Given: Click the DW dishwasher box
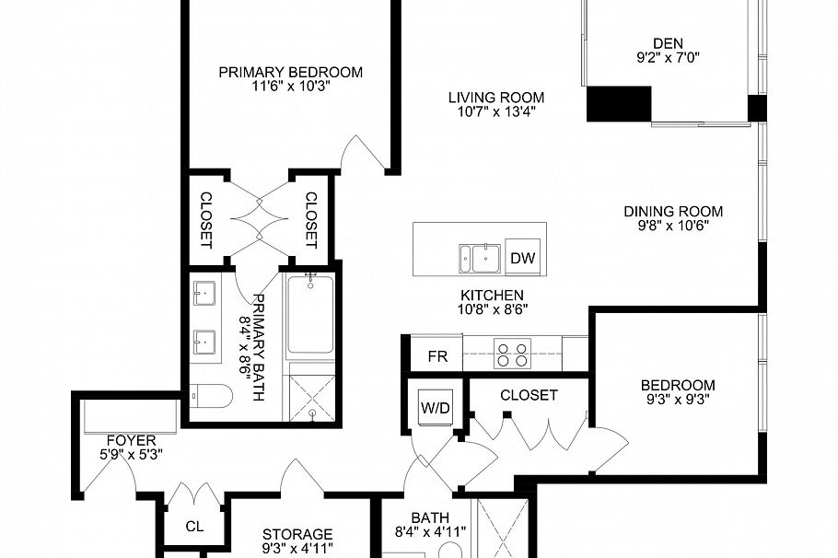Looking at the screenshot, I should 522,259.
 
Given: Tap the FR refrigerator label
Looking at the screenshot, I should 437,355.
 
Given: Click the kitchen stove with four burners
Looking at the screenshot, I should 513,354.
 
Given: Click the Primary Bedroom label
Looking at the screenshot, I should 290,72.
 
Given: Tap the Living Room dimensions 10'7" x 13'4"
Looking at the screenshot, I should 496,112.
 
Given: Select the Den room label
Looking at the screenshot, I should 670,43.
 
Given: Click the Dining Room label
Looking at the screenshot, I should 673,210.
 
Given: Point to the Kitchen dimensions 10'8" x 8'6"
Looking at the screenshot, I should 494,310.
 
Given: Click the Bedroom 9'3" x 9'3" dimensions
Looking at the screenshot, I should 678,401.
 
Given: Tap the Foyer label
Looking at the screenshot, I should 130,440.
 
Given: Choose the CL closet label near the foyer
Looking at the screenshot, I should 193,527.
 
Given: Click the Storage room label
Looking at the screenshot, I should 297,534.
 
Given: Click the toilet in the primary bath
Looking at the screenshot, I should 208,396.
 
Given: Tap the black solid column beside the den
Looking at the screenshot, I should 619,103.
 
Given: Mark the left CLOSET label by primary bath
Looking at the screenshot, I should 206,219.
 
